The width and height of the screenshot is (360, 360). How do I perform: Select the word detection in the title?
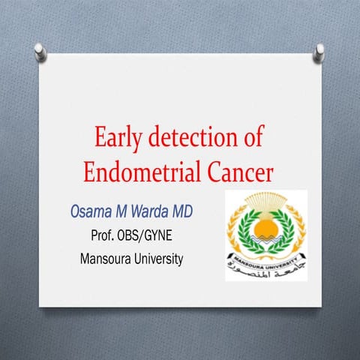click(x=191, y=139)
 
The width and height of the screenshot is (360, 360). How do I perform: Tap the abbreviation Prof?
click(x=104, y=238)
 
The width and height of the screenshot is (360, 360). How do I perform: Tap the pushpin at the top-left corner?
click(x=39, y=50)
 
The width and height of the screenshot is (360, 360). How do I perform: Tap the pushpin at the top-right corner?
click(x=319, y=51)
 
